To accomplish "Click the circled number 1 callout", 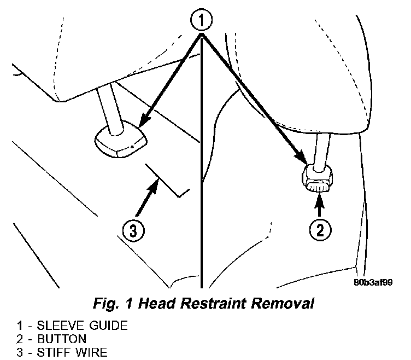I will (202, 22).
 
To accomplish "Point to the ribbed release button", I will (318, 187).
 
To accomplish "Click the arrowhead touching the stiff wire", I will (156, 184).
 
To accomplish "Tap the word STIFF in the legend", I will (49, 351).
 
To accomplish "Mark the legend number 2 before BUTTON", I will (19, 339).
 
